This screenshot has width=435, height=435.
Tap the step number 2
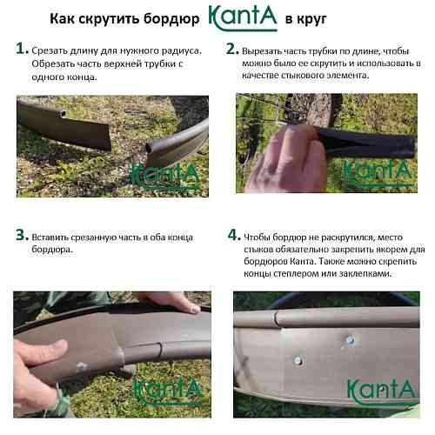pos(231,49)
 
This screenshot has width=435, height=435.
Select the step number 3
pos(22,235)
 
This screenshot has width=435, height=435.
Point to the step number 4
pos(233,235)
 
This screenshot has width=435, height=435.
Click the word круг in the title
pos(312,20)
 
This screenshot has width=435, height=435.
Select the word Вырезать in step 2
pos(260,51)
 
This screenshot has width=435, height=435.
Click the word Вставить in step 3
pos(50,238)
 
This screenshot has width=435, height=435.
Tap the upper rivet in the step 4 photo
pos(350,340)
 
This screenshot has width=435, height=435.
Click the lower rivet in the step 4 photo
pos(298,360)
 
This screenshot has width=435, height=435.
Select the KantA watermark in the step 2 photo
pos(378,172)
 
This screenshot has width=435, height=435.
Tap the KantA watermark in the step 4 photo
pos(382,391)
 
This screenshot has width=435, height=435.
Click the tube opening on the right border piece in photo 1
pos(151,148)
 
